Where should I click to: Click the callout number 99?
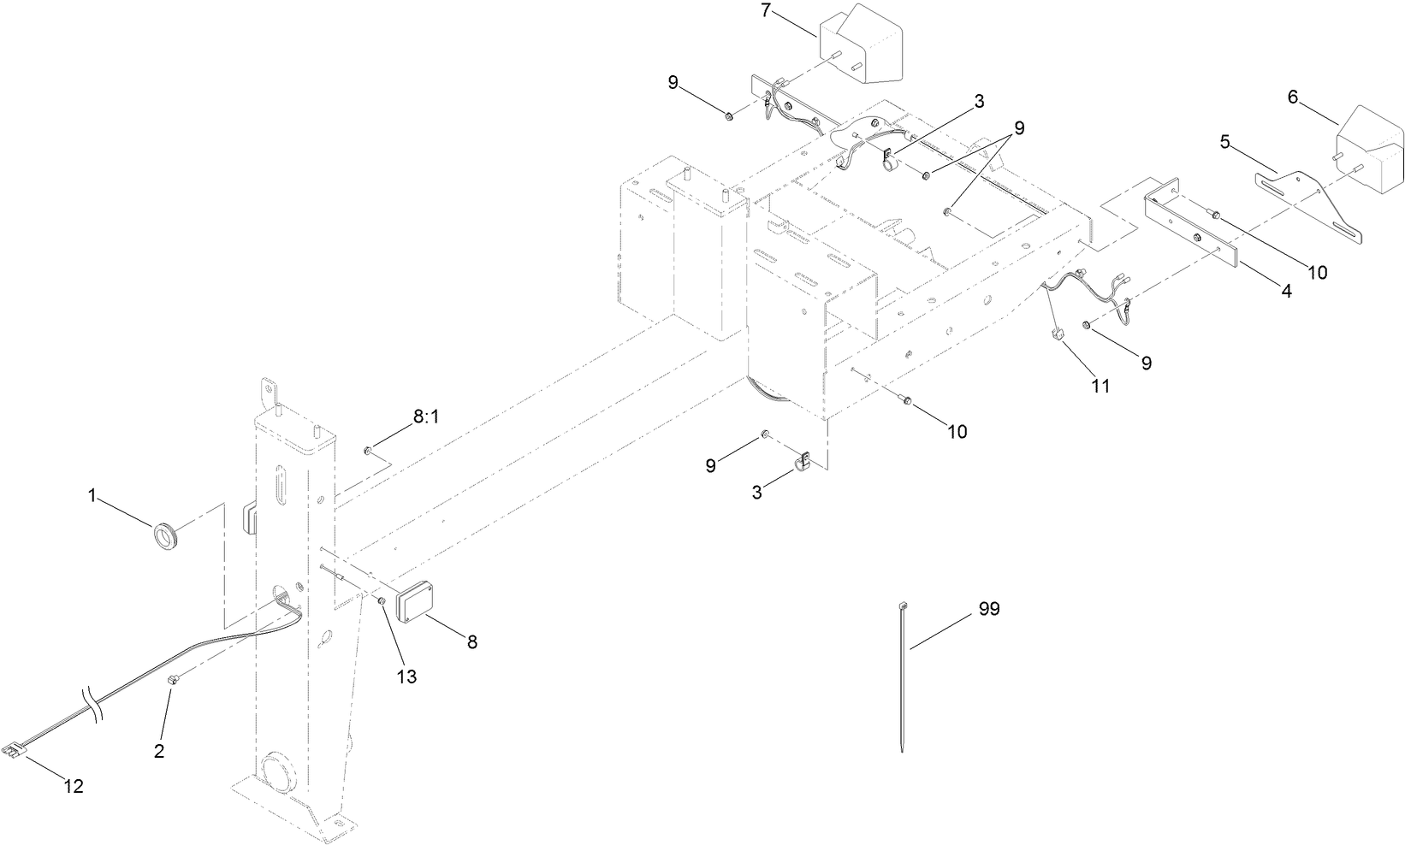click(x=988, y=609)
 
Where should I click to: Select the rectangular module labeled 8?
click(x=418, y=602)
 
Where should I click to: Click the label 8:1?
click(x=425, y=417)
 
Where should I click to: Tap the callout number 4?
click(x=1286, y=291)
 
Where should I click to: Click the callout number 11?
click(x=1100, y=386)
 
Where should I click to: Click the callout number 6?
click(x=1293, y=97)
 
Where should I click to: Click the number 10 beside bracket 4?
click(x=1317, y=272)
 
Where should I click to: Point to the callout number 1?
click(x=92, y=494)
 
